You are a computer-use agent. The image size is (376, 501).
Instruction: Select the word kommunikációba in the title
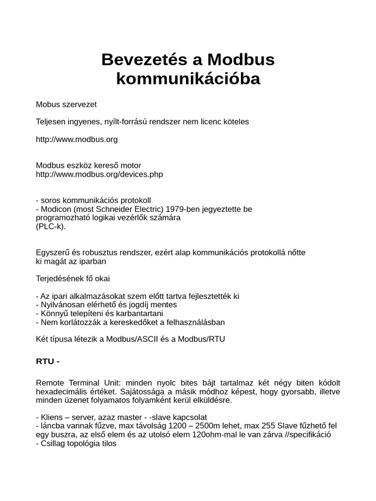188,79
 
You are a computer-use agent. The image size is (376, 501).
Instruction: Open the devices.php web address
99,174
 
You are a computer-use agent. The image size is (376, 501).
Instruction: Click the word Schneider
117,209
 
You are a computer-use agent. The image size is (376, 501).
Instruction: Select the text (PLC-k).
50,227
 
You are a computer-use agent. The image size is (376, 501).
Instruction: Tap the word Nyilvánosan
65,305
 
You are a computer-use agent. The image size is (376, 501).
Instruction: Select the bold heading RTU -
47,362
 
